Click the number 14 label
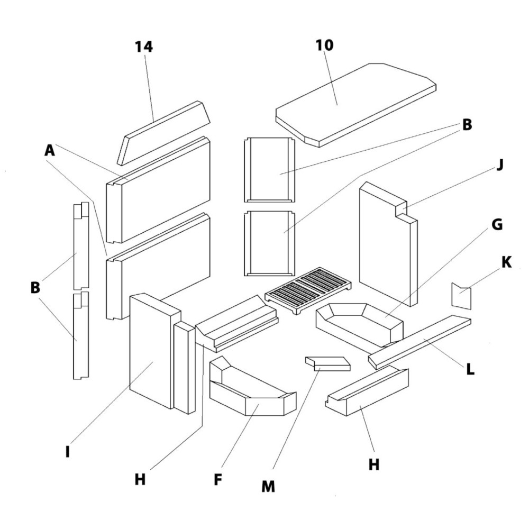tap(143, 47)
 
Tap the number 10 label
tap(325, 45)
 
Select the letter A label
tap(49, 151)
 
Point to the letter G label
tap(496, 225)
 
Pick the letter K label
tap(506, 262)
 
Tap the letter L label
tap(469, 369)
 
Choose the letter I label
tap(67, 452)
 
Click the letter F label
tap(217, 480)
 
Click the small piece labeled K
tap(461, 296)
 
